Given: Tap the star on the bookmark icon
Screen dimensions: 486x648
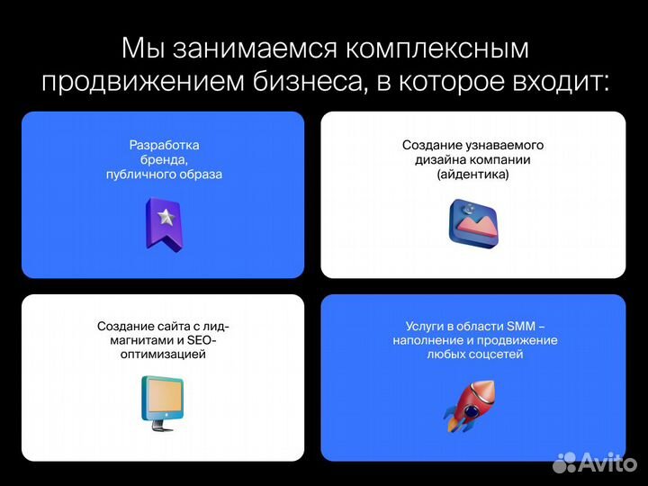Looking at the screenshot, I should (x=165, y=216).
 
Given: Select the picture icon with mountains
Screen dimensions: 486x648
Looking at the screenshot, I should (x=473, y=223).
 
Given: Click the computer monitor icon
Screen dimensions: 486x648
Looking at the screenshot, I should (x=162, y=400).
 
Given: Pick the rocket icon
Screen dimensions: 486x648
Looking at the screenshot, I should (x=470, y=405).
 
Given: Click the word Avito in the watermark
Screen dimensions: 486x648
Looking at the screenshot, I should (x=607, y=463).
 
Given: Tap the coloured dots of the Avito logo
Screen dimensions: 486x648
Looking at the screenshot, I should (x=564, y=463).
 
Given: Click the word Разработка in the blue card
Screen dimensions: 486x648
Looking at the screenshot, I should (x=164, y=145).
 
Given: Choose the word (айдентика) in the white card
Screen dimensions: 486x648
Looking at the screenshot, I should (x=472, y=175).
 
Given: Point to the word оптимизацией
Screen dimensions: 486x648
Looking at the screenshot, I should (x=163, y=355).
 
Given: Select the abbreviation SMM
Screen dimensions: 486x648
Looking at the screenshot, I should (x=522, y=326).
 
